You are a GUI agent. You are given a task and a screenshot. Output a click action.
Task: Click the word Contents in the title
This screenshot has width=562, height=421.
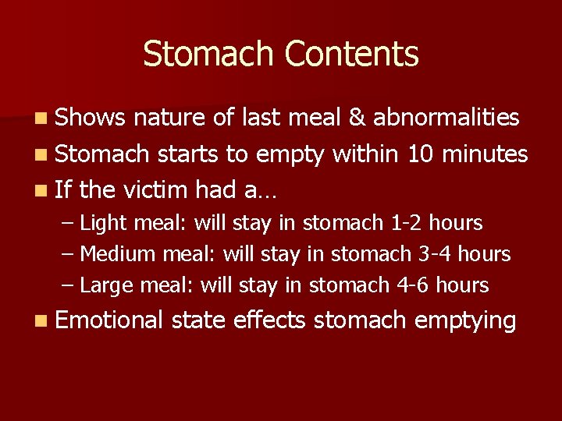[x=352, y=55]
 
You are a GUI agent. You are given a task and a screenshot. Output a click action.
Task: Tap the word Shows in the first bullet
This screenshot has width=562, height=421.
[x=91, y=117]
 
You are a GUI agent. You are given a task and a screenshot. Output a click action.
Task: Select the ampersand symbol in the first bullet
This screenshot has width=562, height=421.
[x=357, y=117]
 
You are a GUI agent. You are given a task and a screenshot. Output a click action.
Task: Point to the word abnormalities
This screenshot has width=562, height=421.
[x=446, y=117]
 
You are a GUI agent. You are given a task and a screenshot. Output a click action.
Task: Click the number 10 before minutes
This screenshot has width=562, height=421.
[x=422, y=154]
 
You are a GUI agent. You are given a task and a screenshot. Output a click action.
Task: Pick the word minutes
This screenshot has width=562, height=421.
[x=485, y=154]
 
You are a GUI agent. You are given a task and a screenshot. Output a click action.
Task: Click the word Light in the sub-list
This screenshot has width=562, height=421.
[x=105, y=223]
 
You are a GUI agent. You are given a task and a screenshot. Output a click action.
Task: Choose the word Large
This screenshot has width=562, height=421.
[x=107, y=285]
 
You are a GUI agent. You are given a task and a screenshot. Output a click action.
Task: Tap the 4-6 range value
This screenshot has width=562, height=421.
[x=413, y=285]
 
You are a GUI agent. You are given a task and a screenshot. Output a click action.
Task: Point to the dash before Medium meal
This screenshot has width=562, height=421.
[x=67, y=255]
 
